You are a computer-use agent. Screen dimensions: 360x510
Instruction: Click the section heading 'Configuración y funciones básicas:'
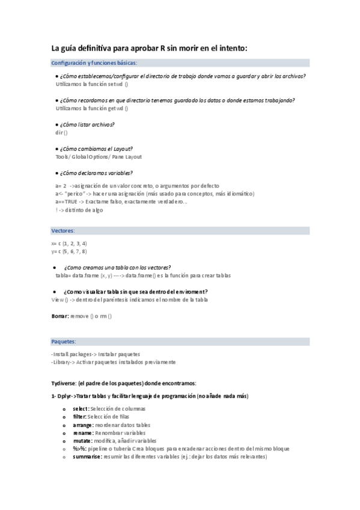[x=94, y=63]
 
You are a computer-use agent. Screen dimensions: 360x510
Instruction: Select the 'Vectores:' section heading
[x=63, y=230]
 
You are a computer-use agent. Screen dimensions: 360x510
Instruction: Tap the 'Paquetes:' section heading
[x=64, y=341]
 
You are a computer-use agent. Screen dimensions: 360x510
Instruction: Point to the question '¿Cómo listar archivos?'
[x=87, y=124]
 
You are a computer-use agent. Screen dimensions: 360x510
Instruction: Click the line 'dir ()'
[x=61, y=132]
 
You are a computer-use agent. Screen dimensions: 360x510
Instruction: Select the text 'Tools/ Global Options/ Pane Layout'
[x=99, y=157]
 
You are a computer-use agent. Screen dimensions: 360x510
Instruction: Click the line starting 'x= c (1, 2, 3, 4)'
[x=69, y=243]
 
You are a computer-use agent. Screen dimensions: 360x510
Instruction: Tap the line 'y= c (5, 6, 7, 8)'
[x=69, y=251]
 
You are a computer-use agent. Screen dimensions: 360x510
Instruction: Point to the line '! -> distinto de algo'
[x=79, y=210]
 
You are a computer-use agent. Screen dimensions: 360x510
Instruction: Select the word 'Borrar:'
[x=61, y=316]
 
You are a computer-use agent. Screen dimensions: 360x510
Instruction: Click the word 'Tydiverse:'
[x=65, y=383]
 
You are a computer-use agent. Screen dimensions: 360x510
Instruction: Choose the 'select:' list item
[x=81, y=409]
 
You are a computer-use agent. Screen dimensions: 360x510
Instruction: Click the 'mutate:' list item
[x=82, y=441]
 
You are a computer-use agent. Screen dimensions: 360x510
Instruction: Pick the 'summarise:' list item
[x=87, y=456]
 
